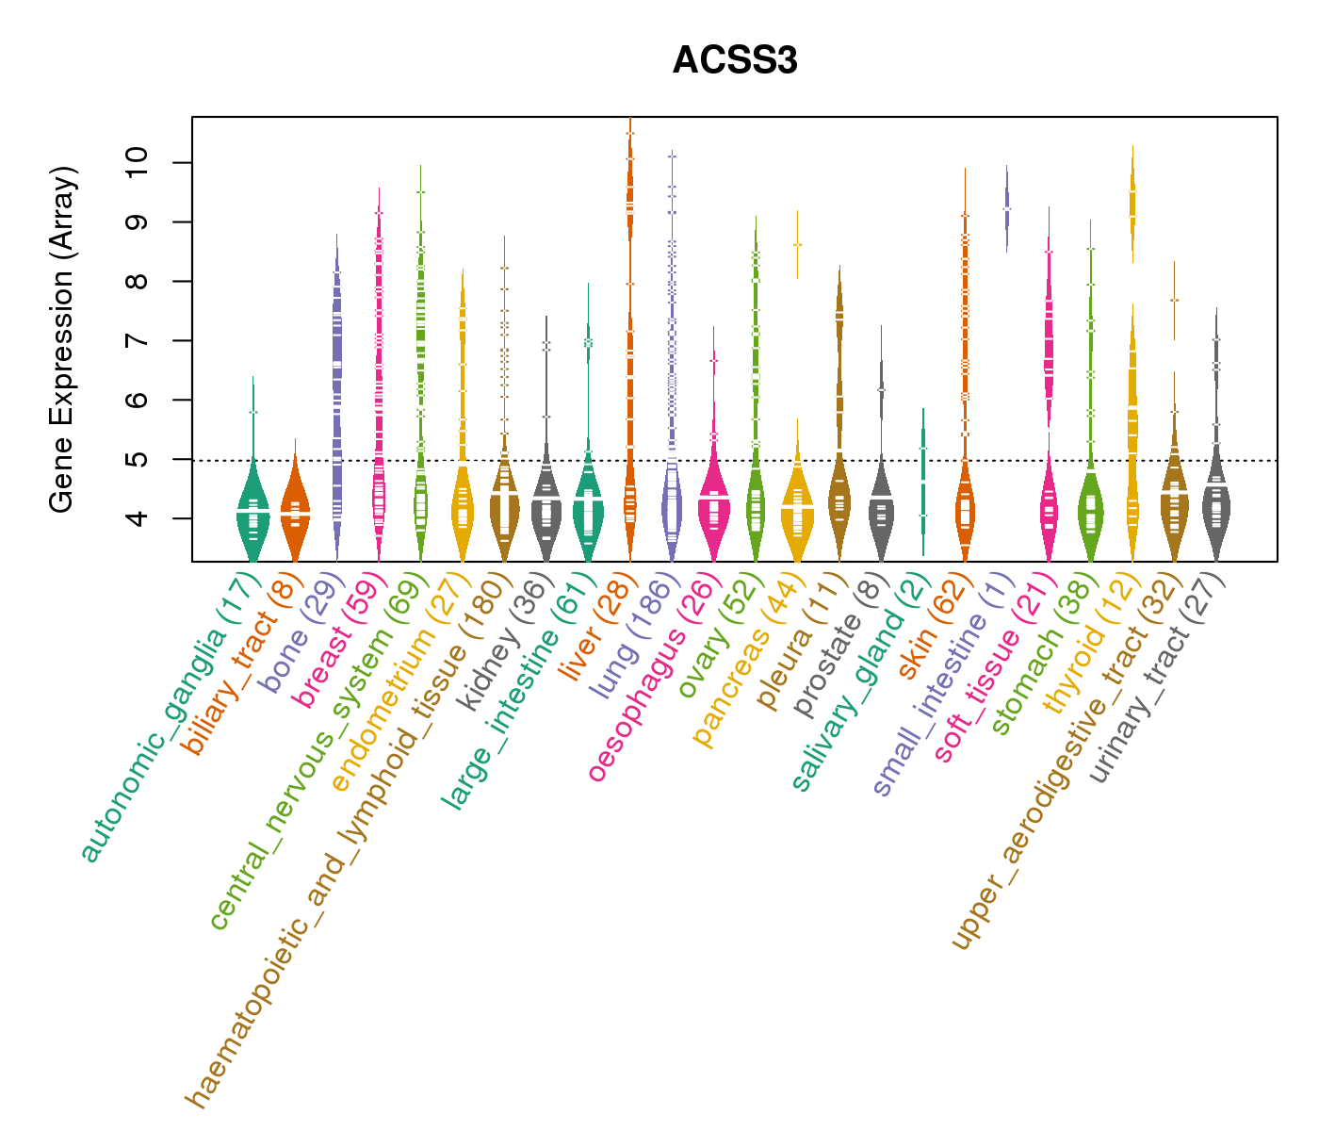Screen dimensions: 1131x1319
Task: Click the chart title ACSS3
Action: click(735, 61)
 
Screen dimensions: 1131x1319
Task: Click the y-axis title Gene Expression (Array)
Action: click(62, 339)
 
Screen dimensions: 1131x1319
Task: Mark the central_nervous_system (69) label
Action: click(320, 754)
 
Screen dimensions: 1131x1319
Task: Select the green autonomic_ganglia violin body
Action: click(252, 514)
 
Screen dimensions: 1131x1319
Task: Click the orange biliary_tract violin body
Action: click(295, 514)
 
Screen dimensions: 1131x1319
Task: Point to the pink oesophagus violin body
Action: click(713, 509)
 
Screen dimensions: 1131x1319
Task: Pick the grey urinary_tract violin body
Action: click(1216, 514)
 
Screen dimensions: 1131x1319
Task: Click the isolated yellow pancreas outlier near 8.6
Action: click(797, 244)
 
